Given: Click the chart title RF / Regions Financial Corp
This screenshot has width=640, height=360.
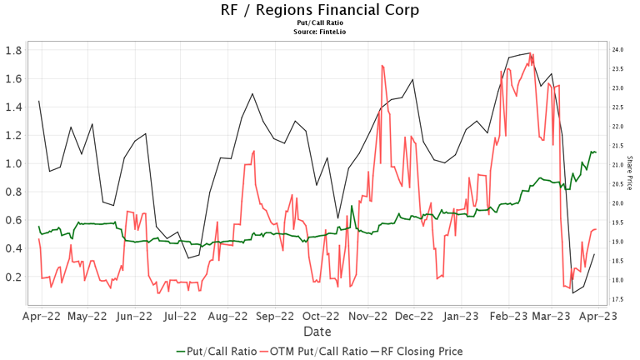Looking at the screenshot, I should [320, 10].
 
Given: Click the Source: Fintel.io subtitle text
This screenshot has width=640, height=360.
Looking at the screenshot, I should [320, 31].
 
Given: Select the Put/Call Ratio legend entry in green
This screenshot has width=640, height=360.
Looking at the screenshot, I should [214, 351].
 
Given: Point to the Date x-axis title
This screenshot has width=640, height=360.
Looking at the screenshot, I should [320, 332].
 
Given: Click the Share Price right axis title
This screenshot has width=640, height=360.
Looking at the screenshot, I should [629, 173].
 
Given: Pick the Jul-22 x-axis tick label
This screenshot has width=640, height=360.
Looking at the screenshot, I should [180, 316].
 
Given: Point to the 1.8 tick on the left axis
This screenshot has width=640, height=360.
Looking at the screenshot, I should [14, 50].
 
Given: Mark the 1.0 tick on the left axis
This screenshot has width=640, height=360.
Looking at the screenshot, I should [14, 163].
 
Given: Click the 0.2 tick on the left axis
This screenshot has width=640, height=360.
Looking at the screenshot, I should [14, 277].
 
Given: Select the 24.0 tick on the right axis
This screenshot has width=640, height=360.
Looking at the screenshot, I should [618, 50].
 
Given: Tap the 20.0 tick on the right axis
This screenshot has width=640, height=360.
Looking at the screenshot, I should [618, 203].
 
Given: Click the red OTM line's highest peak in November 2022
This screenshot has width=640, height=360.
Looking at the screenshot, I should [382, 65].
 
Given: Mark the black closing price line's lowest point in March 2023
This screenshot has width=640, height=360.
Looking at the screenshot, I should [572, 292].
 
